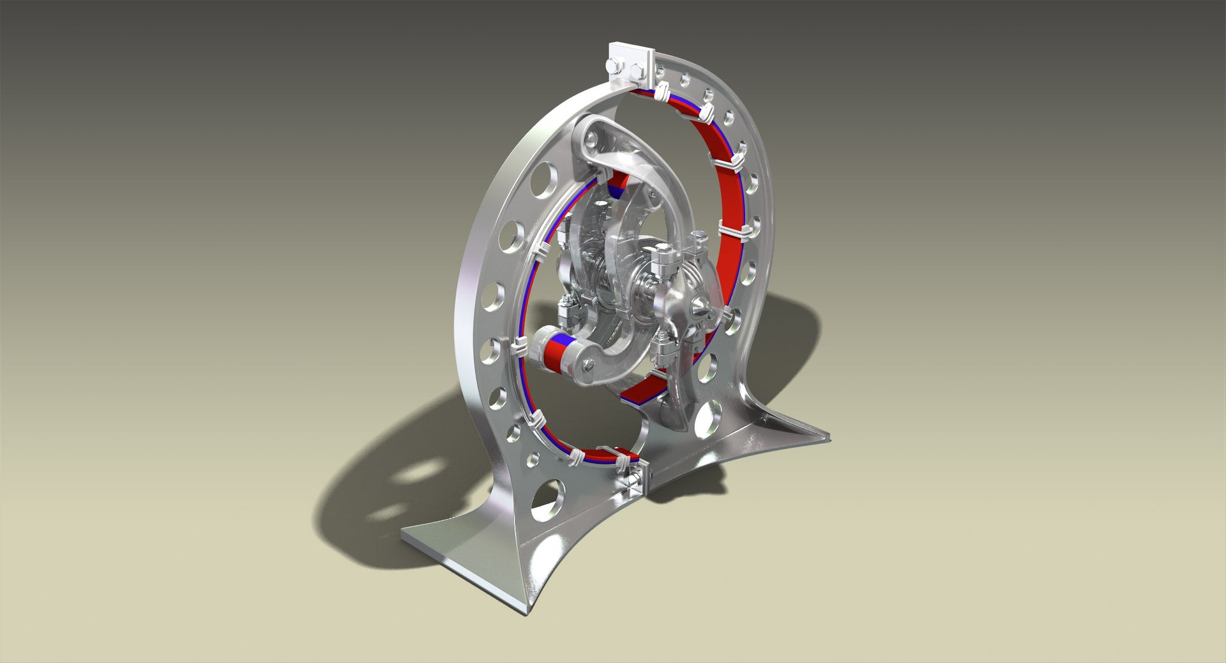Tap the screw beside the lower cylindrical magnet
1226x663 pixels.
pos(589,365)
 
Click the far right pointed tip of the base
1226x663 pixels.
pos(828,437)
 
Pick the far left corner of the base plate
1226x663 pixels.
pos(404,535)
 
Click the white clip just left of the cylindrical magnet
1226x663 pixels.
pos(520,349)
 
